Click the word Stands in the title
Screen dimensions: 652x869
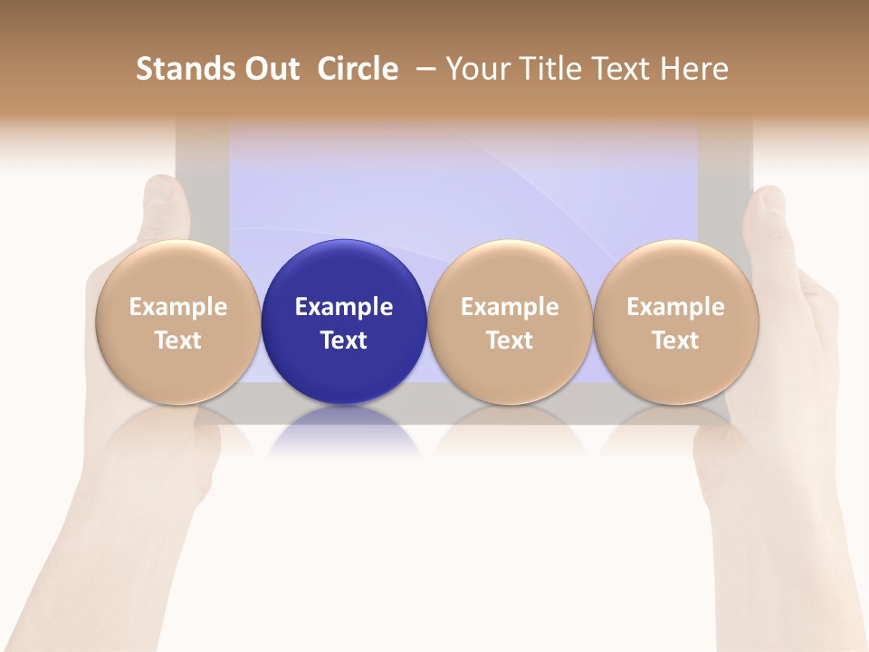(x=185, y=69)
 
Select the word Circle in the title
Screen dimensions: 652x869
(x=358, y=69)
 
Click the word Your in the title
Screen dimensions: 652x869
(x=478, y=69)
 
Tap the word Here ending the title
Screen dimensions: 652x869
(x=694, y=69)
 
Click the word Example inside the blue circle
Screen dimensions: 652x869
(x=343, y=307)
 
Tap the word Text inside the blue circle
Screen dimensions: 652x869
(x=343, y=340)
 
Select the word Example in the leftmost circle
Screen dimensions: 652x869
(x=177, y=307)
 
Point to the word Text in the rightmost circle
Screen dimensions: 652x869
(x=675, y=340)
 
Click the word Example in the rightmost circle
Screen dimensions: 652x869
(x=675, y=307)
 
